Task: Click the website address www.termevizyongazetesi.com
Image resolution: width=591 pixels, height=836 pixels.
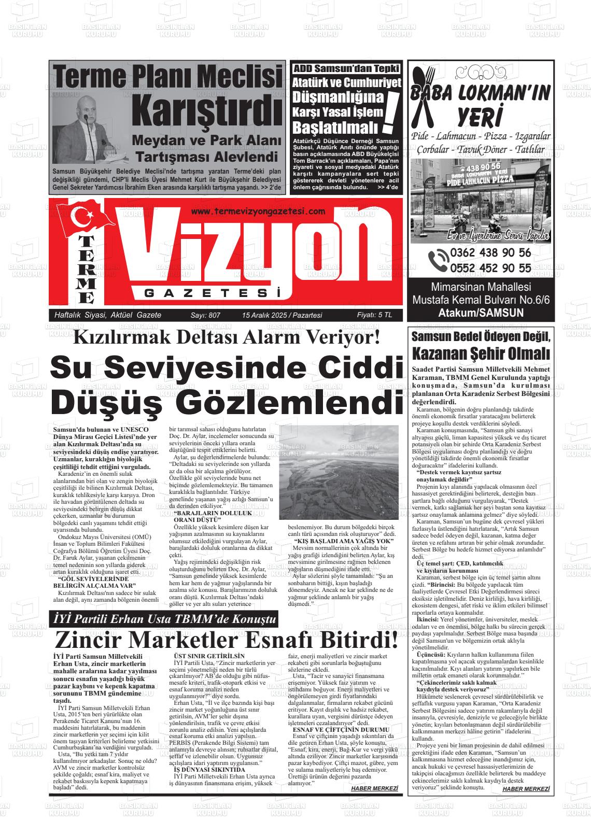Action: point(258,211)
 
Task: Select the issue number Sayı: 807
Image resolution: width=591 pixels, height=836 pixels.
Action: point(206,315)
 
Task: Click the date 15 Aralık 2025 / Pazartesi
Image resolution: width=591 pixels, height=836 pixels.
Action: point(282,315)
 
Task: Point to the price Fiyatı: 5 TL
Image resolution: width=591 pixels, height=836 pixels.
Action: point(374,315)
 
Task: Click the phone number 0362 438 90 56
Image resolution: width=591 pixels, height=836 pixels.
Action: point(490,253)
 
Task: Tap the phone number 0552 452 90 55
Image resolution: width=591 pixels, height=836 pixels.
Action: point(490,268)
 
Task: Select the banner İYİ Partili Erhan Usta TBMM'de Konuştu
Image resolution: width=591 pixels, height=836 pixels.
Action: point(165,619)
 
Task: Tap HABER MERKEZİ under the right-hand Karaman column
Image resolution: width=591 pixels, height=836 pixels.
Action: point(526,788)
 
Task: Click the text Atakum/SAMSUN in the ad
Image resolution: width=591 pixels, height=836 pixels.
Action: point(473,313)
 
